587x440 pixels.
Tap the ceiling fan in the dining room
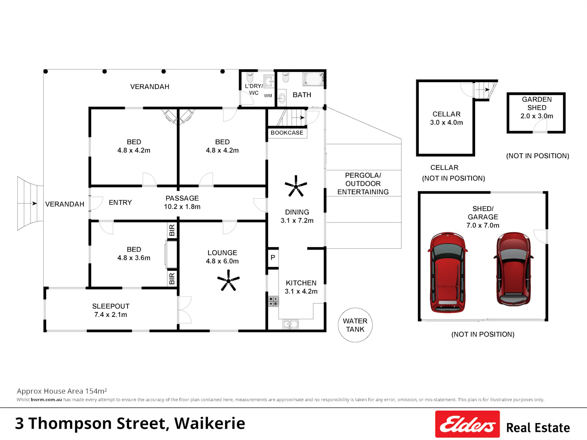click(x=296, y=186)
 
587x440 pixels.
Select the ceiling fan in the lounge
click(x=229, y=280)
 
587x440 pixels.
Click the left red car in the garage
click(x=448, y=272)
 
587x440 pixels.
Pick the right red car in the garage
click(x=513, y=269)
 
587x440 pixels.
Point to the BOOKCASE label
click(x=287, y=133)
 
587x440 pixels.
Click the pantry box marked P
click(x=273, y=257)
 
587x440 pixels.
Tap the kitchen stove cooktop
click(x=273, y=301)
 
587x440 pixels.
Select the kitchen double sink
click(x=290, y=324)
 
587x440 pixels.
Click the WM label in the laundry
click(x=268, y=96)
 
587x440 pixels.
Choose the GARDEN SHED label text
click(x=537, y=103)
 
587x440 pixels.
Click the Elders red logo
click(x=468, y=424)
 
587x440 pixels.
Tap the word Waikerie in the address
click(x=210, y=423)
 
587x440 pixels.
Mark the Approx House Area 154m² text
click(x=62, y=391)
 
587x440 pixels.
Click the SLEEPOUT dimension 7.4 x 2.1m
click(x=111, y=314)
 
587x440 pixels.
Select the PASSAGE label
click(x=182, y=198)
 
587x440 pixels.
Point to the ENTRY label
click(x=121, y=203)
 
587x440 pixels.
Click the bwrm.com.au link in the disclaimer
click(x=47, y=400)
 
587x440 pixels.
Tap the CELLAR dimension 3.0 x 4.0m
click(x=447, y=122)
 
